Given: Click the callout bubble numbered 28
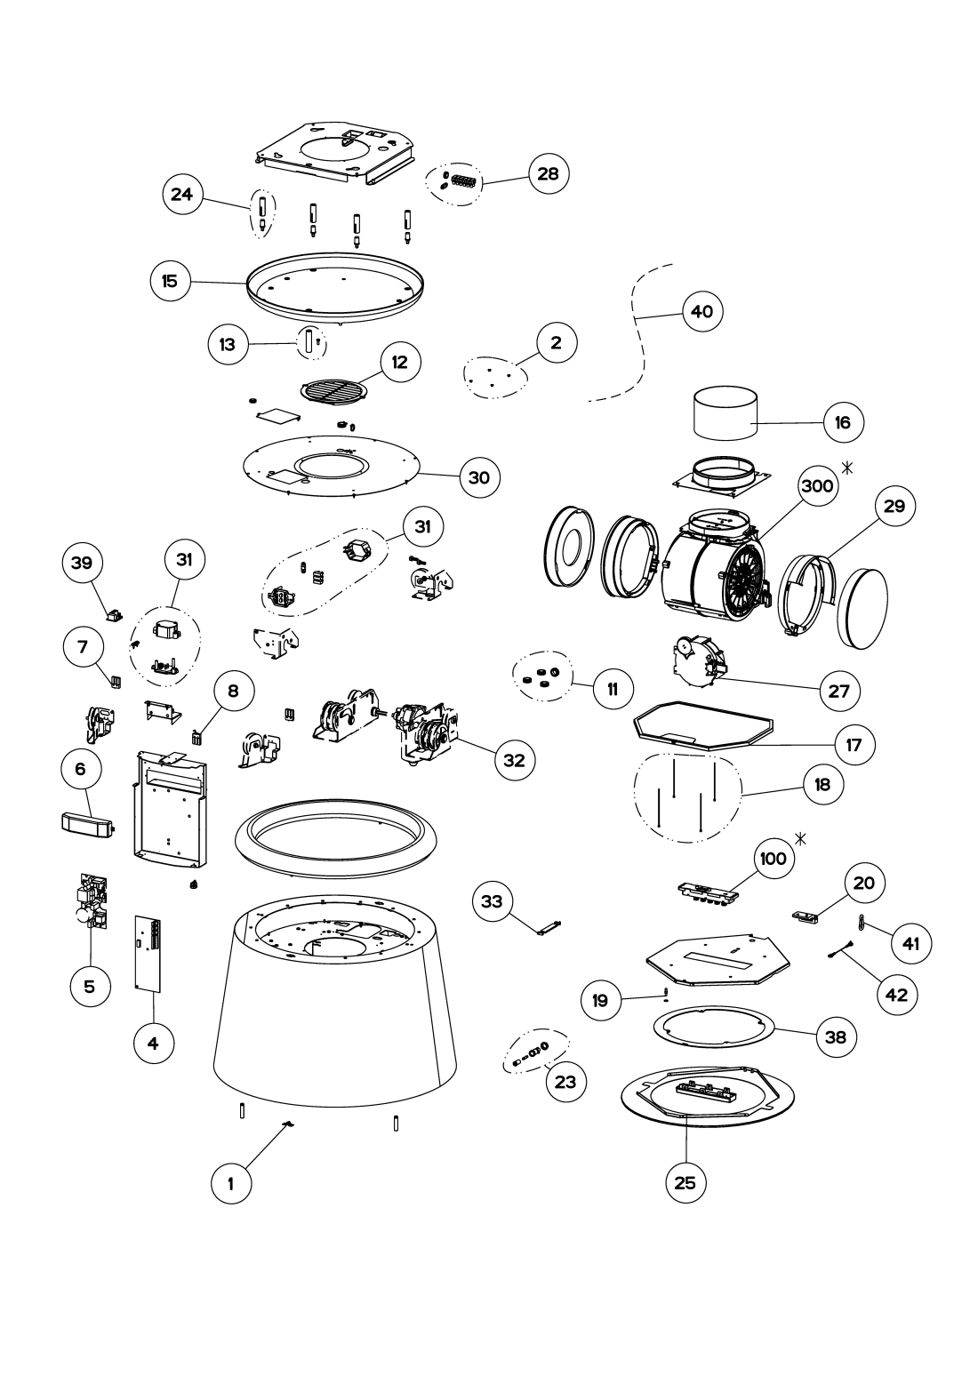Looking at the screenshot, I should [x=548, y=173].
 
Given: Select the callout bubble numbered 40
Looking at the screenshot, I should [x=701, y=311].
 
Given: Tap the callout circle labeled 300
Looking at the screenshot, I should [x=817, y=486].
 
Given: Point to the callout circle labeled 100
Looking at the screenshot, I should [x=774, y=860].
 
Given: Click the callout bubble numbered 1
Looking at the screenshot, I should [x=230, y=1182].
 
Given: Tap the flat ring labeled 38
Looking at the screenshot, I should [x=714, y=1034].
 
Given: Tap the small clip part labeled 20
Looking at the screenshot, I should [x=807, y=916].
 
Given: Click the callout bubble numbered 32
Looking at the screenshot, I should [x=514, y=759].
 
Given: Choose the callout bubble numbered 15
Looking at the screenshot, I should [x=170, y=281].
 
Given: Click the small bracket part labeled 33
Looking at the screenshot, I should [x=549, y=926].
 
